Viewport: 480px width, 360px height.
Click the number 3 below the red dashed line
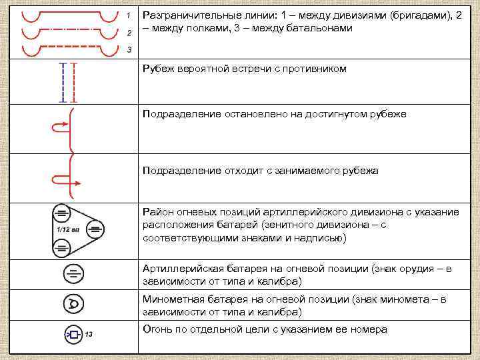[128, 50]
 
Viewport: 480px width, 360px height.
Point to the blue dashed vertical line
[62, 83]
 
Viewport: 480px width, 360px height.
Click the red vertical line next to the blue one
[74, 83]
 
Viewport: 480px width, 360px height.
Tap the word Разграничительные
[190, 15]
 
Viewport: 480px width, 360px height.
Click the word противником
[315, 69]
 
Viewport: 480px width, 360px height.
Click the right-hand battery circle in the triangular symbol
[95, 230]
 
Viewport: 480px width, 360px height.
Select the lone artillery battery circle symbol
[73, 273]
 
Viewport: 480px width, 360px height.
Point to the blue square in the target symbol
[74, 334]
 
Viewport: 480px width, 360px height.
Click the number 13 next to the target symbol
[88, 334]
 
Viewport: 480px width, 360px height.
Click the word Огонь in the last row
[157, 329]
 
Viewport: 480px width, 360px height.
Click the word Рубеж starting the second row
[160, 69]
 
